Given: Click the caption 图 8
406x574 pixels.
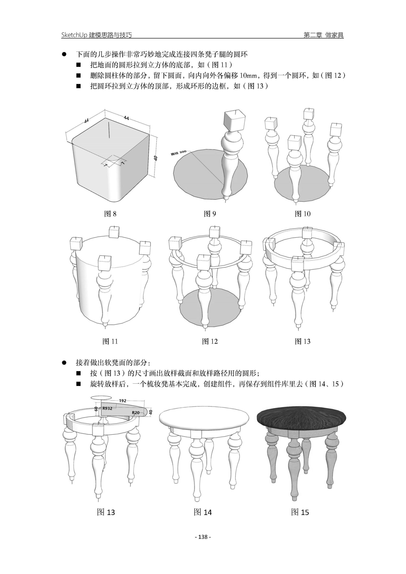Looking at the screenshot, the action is (x=110, y=214).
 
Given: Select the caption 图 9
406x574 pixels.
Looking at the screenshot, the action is (x=210, y=214).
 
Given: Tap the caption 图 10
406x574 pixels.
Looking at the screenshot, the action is (x=302, y=214).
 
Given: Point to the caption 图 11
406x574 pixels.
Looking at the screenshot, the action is (x=110, y=341).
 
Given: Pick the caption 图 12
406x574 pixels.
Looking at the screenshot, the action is (x=210, y=341).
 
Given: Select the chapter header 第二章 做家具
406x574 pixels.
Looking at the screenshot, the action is (x=324, y=35).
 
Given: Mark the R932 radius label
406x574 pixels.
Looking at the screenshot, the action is (x=107, y=408).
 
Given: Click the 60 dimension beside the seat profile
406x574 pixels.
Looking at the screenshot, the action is (x=96, y=409).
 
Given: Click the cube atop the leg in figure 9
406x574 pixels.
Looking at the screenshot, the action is (x=234, y=122).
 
